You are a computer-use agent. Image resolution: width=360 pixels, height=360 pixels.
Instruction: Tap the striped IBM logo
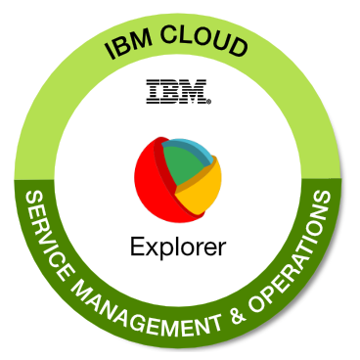177,93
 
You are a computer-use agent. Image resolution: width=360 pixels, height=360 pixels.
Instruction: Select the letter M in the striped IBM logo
195,93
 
